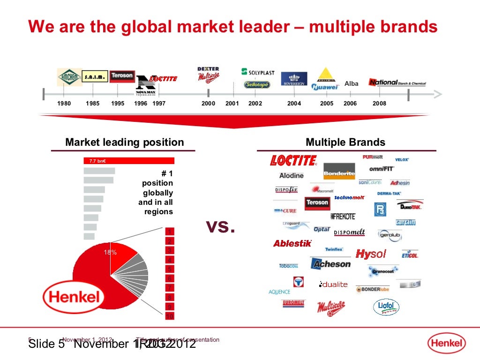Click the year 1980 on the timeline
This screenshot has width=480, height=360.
[x=64, y=104]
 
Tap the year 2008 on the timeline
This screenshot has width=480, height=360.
[x=379, y=104]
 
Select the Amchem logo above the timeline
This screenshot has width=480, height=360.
[x=69, y=77]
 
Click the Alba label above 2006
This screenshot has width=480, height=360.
[x=351, y=84]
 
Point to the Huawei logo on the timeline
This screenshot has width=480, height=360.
[x=325, y=87]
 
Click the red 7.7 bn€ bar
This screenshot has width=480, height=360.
[x=128, y=161]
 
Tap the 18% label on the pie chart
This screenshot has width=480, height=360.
[x=110, y=253]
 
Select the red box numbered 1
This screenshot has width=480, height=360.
[x=170, y=232]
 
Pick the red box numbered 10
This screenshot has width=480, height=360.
[x=170, y=316]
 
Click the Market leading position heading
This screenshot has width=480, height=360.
[x=124, y=142]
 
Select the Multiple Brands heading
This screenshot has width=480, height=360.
[x=345, y=142]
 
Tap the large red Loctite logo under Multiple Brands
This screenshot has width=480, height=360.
[x=293, y=161]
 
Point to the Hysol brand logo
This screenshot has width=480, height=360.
[x=371, y=254]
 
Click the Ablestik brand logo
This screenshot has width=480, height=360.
[x=292, y=243]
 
